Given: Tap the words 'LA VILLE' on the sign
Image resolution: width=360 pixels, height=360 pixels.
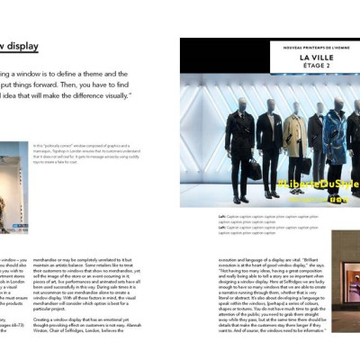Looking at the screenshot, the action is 270,57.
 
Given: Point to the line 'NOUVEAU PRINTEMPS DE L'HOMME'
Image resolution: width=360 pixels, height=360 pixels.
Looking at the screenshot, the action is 270,47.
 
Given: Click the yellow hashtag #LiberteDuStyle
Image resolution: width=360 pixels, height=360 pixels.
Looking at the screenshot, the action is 319,184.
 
